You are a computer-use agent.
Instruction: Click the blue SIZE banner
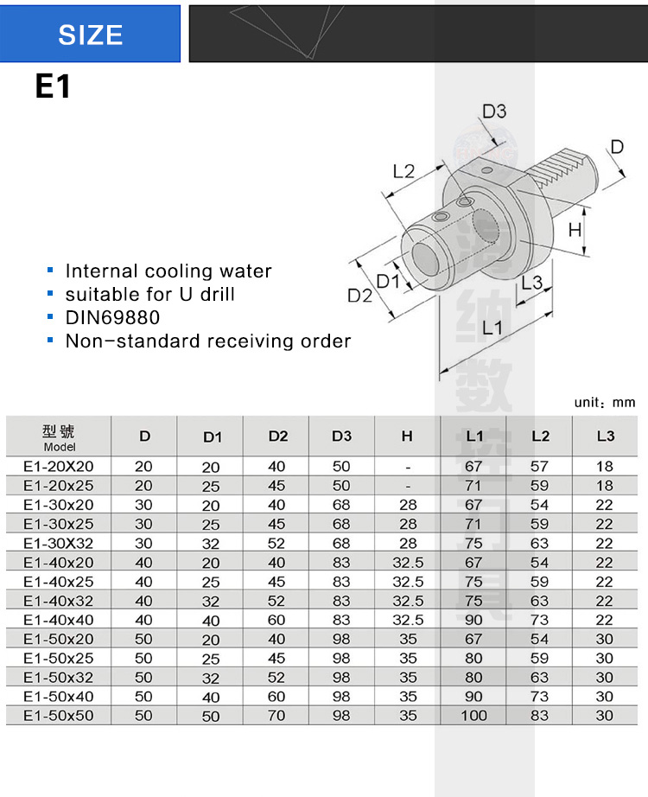91,34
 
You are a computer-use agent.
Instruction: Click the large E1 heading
53,87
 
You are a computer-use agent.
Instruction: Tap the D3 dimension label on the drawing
494,112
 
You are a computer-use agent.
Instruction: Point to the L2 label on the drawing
403,171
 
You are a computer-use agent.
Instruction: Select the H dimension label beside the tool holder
575,230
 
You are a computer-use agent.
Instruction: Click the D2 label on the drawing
359,296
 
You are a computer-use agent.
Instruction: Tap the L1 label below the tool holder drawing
493,328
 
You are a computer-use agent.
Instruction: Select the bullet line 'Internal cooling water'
168,271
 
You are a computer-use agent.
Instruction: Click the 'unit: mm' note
605,402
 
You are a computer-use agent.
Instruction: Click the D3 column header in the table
341,437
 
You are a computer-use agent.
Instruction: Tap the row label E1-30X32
59,543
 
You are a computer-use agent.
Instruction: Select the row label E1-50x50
59,715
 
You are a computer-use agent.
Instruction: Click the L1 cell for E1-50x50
473,715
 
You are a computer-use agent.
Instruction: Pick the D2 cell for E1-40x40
277,620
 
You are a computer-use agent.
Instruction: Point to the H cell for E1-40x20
408,562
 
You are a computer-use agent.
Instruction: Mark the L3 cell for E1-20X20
604,466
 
